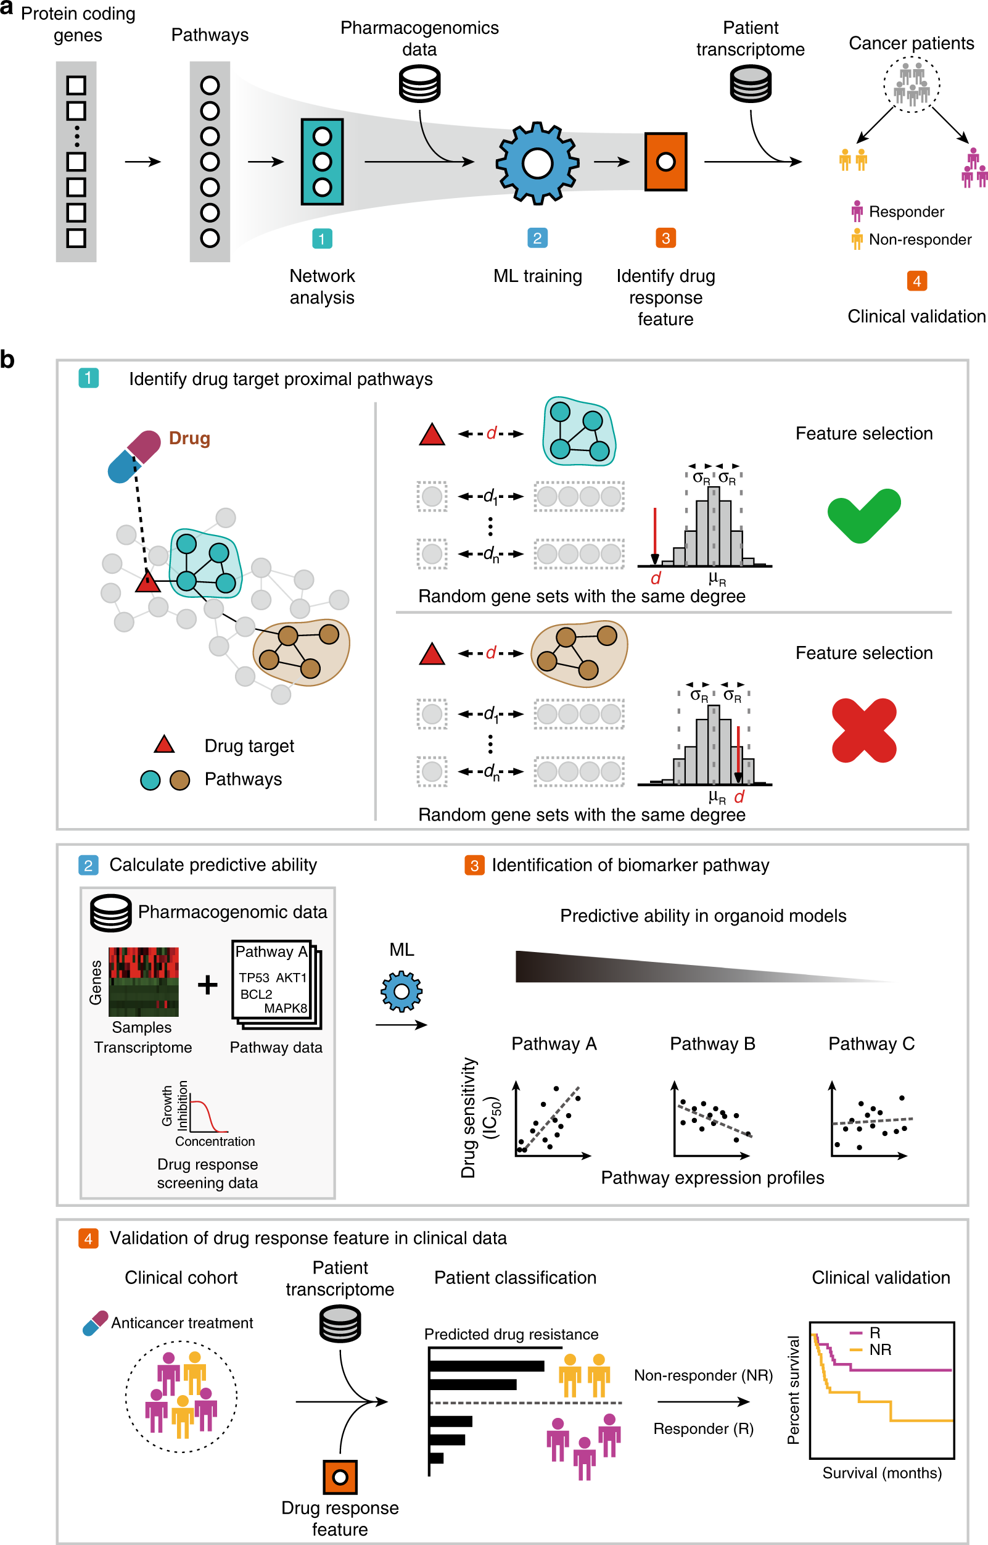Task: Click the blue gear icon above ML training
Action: (x=537, y=163)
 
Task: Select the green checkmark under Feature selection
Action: (x=863, y=515)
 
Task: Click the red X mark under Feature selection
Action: (x=863, y=730)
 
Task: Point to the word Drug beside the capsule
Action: (x=189, y=439)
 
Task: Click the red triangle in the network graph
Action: (x=147, y=582)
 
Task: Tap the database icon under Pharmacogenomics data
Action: (x=419, y=85)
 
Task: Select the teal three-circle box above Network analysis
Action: (x=322, y=162)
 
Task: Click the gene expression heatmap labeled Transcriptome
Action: (x=143, y=982)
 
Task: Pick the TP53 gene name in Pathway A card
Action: (x=253, y=977)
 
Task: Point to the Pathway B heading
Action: (x=712, y=1044)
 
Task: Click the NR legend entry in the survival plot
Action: (x=879, y=1349)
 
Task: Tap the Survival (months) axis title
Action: (x=881, y=1472)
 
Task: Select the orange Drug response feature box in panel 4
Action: (x=340, y=1477)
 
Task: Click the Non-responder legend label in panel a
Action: (x=920, y=239)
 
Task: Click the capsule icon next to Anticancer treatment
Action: (x=96, y=1323)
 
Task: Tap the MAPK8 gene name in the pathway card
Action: (x=286, y=1008)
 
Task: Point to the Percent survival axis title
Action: (x=794, y=1390)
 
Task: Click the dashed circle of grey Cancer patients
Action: (x=911, y=85)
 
